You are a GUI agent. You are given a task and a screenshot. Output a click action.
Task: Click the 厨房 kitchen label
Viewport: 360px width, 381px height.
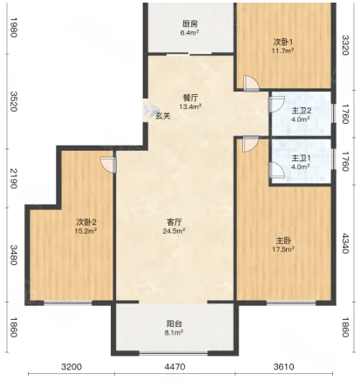coord(190,24)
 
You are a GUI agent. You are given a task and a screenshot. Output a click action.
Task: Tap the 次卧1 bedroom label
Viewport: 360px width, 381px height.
coord(283,42)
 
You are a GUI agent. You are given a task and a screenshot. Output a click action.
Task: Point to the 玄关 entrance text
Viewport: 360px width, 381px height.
coord(163,116)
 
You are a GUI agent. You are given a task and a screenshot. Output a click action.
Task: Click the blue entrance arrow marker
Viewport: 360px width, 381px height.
coord(149,110)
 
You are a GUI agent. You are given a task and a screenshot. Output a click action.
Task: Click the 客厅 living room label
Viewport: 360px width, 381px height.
coord(174,222)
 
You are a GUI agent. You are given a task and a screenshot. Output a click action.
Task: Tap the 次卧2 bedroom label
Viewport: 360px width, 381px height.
coord(86,222)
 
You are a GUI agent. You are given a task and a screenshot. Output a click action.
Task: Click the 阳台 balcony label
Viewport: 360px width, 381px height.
coord(174,323)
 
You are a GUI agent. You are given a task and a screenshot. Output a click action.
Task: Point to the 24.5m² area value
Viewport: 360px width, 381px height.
coord(174,231)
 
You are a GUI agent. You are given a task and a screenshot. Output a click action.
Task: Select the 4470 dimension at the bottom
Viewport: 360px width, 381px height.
coord(174,367)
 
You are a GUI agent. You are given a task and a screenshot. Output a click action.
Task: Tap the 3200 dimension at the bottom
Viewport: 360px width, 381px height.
coord(71,367)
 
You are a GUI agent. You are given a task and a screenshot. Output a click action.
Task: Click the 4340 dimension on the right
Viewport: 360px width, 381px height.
coord(345,243)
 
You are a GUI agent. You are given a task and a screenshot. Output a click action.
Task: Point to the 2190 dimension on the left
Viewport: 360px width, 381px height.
coord(14,178)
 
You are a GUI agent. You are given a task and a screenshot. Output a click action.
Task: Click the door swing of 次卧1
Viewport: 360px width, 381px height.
coord(251,84)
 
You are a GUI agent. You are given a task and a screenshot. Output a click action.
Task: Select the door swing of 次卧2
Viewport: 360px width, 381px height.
coord(108,165)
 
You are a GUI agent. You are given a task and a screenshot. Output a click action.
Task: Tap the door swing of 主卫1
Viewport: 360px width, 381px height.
coord(276,170)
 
